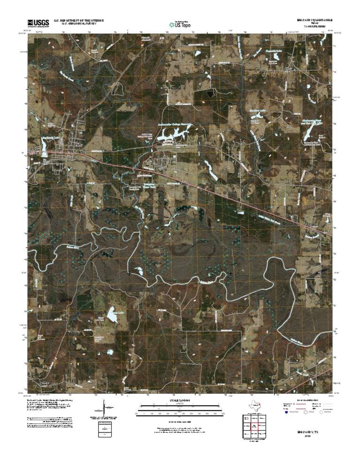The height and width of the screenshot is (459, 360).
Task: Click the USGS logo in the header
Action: (38, 23)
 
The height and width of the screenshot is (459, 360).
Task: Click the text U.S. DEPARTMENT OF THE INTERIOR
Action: (78, 20)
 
